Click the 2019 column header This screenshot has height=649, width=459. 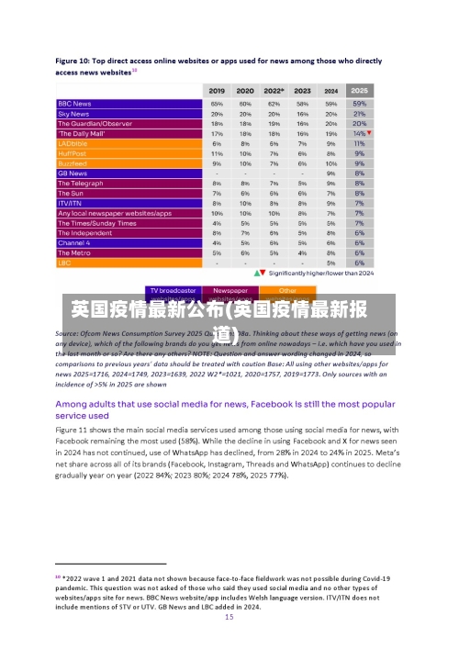[217, 91]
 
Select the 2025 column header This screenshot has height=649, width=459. [359, 91]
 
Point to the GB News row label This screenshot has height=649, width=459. [73, 173]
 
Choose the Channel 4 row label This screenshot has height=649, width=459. [73, 242]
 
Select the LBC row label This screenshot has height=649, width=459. [64, 263]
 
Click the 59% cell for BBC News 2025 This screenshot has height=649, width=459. [359, 104]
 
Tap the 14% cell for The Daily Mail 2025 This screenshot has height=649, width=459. [357, 133]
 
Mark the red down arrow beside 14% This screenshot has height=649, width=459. [369, 133]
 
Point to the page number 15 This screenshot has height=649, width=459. [229, 618]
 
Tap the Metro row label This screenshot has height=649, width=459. [73, 252]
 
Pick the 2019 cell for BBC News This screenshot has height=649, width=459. [217, 104]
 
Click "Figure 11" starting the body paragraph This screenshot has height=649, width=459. [75, 430]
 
